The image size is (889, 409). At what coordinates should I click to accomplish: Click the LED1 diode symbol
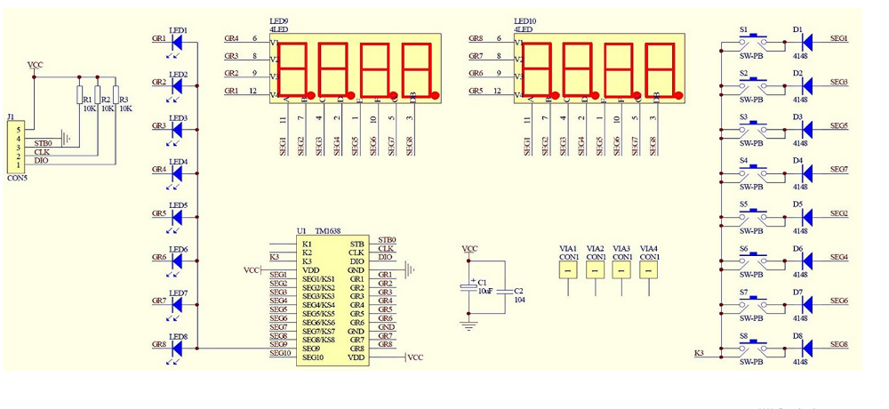pyautogui.click(x=178, y=40)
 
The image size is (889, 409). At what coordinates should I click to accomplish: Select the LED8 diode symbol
pyautogui.click(x=178, y=348)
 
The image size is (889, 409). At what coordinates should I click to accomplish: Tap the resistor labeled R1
pyautogui.click(x=79, y=96)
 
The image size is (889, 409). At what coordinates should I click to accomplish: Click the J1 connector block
pyautogui.click(x=15, y=147)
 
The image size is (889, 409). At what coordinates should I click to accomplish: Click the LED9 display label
pyautogui.click(x=277, y=20)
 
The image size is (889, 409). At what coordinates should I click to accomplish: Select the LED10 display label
pyautogui.click(x=525, y=20)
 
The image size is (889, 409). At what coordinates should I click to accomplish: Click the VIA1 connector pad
pyautogui.click(x=569, y=269)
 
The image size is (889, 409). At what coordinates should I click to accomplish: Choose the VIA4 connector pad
pyautogui.click(x=649, y=269)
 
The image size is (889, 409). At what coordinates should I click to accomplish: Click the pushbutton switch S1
pyautogui.click(x=752, y=39)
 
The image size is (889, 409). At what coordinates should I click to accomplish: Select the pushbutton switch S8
pyautogui.click(x=752, y=348)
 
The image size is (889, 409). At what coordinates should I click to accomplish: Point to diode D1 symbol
pyautogui.click(x=807, y=40)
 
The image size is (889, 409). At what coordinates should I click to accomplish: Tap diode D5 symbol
pyautogui.click(x=807, y=216)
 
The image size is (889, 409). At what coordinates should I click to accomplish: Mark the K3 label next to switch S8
pyautogui.click(x=700, y=354)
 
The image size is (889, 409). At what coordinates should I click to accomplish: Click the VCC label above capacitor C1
pyautogui.click(x=469, y=250)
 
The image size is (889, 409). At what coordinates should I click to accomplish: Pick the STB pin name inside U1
pyautogui.click(x=357, y=244)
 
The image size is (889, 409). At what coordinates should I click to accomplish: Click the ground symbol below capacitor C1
pyautogui.click(x=469, y=325)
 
